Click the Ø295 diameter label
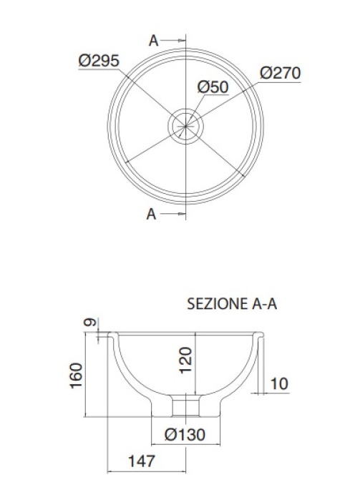(99, 61)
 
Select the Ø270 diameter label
(281, 73)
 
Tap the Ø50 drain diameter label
(213, 87)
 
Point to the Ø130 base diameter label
(185, 434)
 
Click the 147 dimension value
(142, 461)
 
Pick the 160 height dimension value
(76, 376)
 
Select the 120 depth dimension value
(185, 360)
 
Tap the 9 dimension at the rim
(90, 322)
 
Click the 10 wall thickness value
(279, 383)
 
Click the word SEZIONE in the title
(218, 304)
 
